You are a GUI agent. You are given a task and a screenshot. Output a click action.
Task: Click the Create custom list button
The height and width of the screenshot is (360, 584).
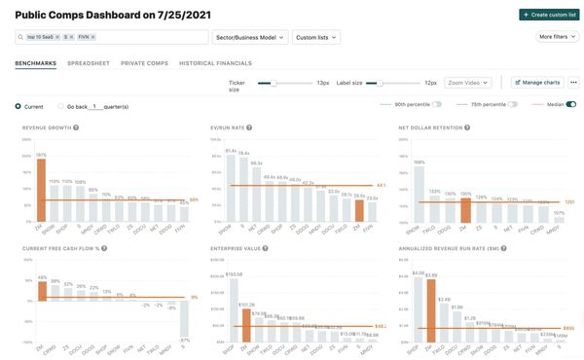(548, 15)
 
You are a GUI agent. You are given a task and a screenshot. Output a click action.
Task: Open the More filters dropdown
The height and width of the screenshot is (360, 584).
(557, 37)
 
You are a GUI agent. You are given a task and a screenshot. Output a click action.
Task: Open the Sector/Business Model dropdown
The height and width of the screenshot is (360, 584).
(249, 37)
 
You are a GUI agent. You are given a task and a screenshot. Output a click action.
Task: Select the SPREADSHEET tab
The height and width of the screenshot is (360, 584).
(88, 63)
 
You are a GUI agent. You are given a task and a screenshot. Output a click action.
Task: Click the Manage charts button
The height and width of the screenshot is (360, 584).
(536, 83)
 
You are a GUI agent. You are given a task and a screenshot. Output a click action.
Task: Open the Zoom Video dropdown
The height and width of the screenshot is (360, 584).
(469, 83)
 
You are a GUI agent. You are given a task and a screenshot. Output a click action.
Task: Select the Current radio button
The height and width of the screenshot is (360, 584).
(18, 105)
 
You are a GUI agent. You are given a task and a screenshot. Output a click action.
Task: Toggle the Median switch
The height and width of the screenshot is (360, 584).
(570, 104)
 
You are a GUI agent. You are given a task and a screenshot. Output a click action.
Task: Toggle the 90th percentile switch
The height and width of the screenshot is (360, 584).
(437, 104)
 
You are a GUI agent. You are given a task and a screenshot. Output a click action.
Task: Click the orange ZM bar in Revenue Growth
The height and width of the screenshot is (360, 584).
(41, 191)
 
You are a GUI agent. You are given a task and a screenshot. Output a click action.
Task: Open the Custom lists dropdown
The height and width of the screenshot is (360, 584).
(316, 37)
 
